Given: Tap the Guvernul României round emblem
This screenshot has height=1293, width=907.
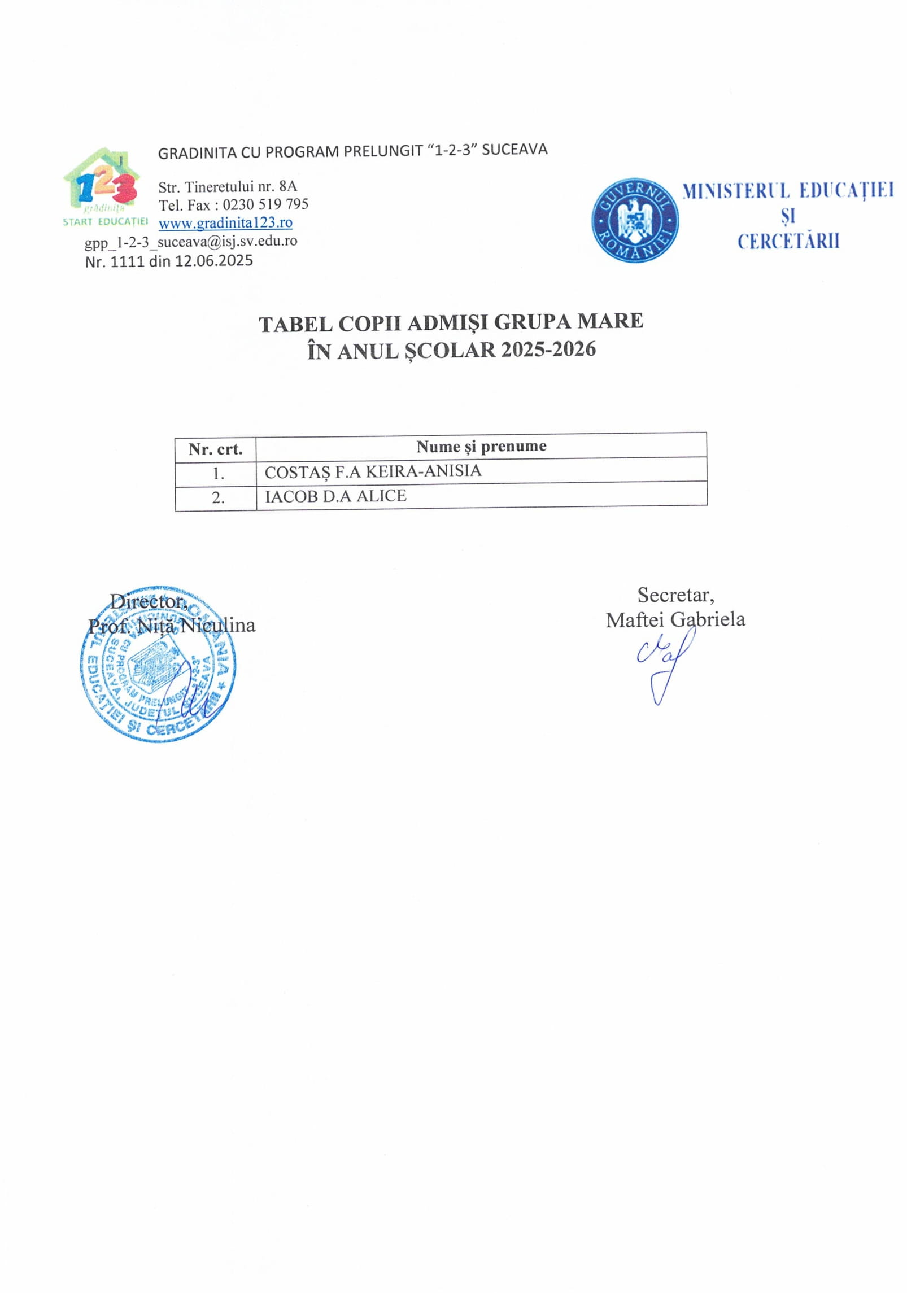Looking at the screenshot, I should [634, 220].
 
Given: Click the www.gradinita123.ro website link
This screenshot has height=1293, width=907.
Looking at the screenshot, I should [225, 223].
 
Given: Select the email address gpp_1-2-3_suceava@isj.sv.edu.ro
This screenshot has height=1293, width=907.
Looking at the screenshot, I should [191, 242].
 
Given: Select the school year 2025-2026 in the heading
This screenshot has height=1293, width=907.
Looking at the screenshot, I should [548, 349].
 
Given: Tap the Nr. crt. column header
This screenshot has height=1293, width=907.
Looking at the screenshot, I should [215, 449].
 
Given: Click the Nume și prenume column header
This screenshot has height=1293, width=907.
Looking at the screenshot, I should [481, 446].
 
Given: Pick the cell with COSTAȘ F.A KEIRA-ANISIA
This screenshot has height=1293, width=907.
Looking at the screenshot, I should [373, 471].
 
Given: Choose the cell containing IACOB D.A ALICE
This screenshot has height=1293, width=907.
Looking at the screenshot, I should [335, 496].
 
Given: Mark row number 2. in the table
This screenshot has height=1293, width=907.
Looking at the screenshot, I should [218, 498].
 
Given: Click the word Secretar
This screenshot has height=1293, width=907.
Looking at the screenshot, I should [675, 595].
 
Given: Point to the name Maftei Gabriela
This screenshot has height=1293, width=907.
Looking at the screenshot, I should [675, 619].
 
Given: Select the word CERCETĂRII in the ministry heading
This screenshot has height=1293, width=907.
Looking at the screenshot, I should [788, 241].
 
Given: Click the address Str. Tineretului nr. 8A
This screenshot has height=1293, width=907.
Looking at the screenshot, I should [227, 186].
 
